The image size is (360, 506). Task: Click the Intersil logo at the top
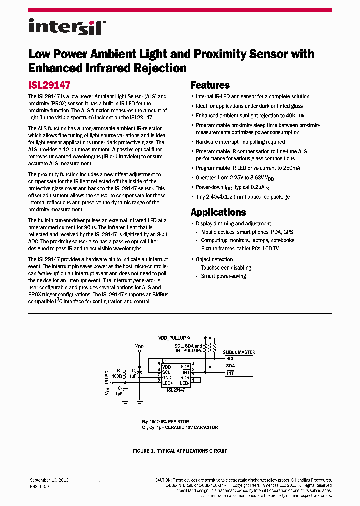(65, 26)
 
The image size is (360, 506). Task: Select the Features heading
(210, 85)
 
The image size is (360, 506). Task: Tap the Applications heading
(218, 212)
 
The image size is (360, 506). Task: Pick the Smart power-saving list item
(223, 276)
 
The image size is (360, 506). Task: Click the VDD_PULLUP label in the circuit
(172, 338)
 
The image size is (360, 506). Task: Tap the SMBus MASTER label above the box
(239, 352)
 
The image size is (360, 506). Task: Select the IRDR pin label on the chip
(184, 377)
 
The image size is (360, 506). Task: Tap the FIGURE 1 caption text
(180, 451)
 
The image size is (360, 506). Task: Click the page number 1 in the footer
(100, 480)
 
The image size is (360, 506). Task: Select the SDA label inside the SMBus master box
(230, 365)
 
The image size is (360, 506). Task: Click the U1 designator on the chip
(164, 361)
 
